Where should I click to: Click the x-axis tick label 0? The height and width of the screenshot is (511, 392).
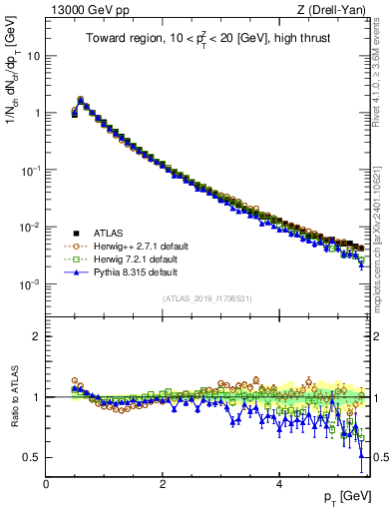point(46,484)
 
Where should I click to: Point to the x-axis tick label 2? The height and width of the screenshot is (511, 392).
point(163,484)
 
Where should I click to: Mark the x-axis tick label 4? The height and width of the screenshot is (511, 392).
point(279,484)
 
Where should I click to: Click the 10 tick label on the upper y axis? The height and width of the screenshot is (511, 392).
point(32,56)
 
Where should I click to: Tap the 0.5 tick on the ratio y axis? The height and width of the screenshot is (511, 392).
point(32,457)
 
